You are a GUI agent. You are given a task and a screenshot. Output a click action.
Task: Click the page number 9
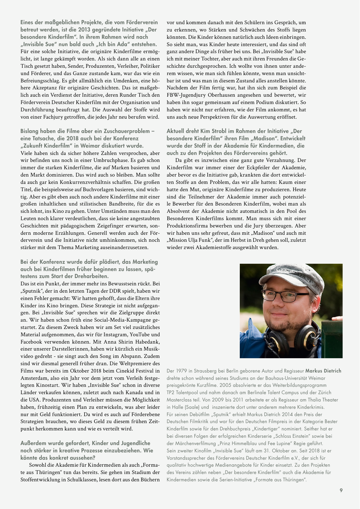pos(341,490)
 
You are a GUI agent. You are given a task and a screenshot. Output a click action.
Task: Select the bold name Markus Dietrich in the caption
pos(323,371)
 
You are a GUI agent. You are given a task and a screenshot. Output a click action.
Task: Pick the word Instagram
pos(115,334)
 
